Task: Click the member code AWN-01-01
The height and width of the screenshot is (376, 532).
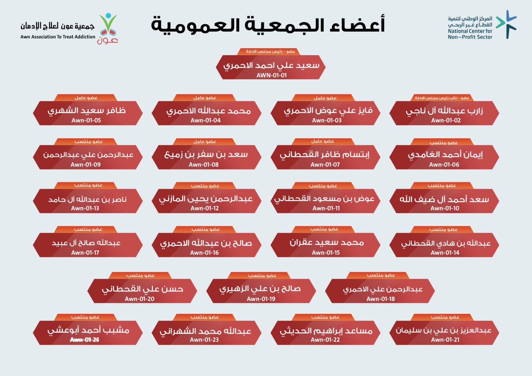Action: point(271,75)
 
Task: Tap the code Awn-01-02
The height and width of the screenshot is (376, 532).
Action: point(446,120)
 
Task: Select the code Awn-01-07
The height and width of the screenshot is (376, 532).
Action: point(325,165)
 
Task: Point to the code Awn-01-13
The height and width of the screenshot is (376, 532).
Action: point(85,208)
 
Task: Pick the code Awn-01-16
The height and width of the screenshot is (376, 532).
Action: point(204,253)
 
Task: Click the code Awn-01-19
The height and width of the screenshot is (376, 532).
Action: point(261,299)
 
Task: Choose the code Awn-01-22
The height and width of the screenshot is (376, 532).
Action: point(325,340)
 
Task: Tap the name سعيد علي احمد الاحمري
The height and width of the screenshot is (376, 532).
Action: point(271,65)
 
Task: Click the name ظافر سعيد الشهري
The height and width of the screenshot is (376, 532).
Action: point(87,111)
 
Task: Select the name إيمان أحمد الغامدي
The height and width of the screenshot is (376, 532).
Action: point(445,155)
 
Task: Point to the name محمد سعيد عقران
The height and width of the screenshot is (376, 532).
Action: point(327,242)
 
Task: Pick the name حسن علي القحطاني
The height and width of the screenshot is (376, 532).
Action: point(143,289)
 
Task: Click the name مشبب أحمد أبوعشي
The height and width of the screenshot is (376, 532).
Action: point(88,330)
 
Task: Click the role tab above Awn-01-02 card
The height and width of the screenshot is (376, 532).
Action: point(442,98)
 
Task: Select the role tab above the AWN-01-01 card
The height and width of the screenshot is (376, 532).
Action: point(271,52)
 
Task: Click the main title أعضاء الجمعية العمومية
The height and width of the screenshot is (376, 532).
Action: point(268,25)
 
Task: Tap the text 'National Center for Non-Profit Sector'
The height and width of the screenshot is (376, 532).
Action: point(470,34)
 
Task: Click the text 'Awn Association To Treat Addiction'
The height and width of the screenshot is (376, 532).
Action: point(58,37)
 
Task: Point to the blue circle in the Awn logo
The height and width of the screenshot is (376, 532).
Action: point(108,16)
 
